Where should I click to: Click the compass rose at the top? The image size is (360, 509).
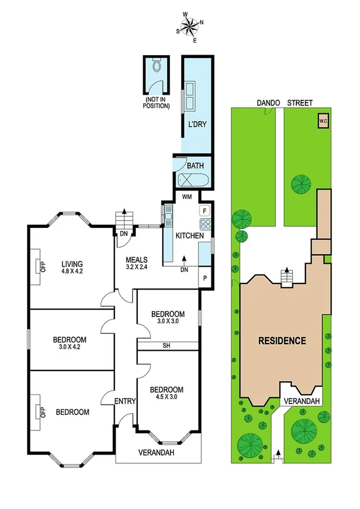coord(190,26)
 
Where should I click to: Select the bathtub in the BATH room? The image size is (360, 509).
coord(192,179)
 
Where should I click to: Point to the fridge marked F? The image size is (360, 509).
coord(205,210)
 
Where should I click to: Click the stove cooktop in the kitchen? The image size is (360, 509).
coord(205,225)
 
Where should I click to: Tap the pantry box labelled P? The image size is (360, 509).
coord(205,278)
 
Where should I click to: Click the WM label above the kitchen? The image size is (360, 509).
coord(186,197)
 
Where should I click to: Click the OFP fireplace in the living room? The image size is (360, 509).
coord(43,267)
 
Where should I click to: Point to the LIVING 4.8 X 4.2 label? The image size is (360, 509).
coord(72,267)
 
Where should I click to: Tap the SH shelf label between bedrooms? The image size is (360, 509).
coord(167,345)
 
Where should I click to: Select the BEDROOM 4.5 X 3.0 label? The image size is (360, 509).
coord(167,393)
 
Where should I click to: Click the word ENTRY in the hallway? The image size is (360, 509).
coord(126,401)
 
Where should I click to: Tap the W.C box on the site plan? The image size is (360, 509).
coord(323,121)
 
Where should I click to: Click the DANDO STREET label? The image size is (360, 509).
coord(285,103)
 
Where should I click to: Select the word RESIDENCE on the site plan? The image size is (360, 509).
coord(282,341)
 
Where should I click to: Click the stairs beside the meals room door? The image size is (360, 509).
coord(123,218)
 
